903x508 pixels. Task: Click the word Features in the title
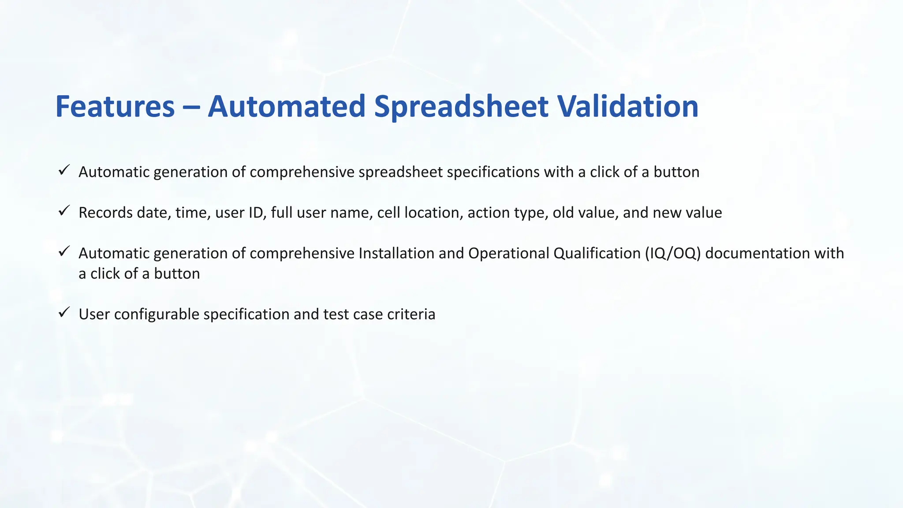pyautogui.click(x=115, y=107)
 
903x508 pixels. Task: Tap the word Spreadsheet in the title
pyautogui.click(x=461, y=107)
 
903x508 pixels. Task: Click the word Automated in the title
pyautogui.click(x=287, y=107)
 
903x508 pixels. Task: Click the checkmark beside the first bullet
pyautogui.click(x=64, y=170)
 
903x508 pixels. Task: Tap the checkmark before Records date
pyautogui.click(x=64, y=211)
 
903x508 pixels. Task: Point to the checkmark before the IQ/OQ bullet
pyautogui.click(x=64, y=251)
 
